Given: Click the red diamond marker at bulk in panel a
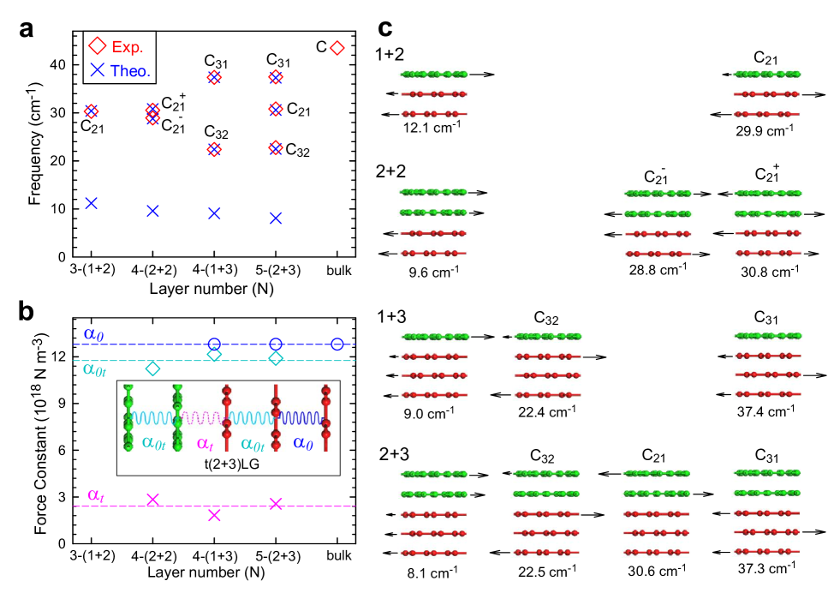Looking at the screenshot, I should click(x=337, y=48).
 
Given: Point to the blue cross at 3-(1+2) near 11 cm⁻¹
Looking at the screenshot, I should click(x=91, y=203).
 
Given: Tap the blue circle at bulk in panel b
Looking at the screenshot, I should click(x=337, y=344).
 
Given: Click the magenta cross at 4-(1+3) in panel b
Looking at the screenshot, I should click(x=214, y=515).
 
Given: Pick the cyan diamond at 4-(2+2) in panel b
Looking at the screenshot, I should click(x=152, y=368).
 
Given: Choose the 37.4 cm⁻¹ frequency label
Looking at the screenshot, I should click(x=770, y=412).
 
